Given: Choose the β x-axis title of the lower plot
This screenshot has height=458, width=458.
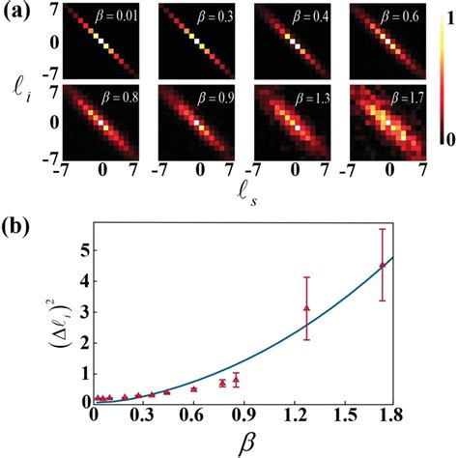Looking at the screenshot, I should [x=243, y=447].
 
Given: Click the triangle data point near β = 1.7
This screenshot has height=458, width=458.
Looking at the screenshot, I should [x=383, y=265].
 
